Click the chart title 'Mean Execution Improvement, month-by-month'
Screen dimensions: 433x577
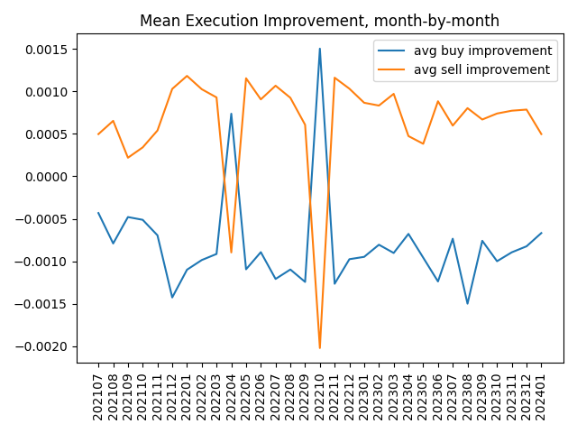319,21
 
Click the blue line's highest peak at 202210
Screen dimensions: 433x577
320,49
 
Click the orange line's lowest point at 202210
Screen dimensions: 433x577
320,348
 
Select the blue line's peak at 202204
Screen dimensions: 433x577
231,114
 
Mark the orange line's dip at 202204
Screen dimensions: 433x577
231,253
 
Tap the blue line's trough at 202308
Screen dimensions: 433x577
467,303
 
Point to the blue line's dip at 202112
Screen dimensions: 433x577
172,298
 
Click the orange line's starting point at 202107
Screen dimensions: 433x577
98,134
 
